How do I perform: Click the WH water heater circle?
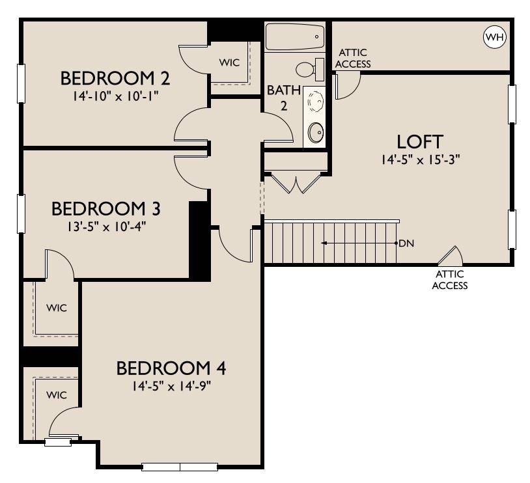tap(495, 37)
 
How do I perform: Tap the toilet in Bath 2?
tap(310, 69)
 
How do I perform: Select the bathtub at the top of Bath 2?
tap(295, 37)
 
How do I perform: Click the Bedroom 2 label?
tap(115, 78)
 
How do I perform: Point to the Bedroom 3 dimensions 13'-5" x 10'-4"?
tap(106, 226)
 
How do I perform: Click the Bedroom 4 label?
tap(171, 368)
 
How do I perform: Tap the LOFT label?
tap(420, 142)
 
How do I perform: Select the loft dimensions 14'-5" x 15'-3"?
tap(421, 159)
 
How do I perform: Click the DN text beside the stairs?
tap(406, 243)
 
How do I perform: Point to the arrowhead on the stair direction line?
tap(324, 243)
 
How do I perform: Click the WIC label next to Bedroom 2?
tap(229, 62)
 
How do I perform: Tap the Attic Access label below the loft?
tap(449, 280)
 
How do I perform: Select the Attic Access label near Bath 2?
tap(353, 58)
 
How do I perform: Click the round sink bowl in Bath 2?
tap(316, 132)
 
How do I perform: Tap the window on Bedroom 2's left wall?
tap(21, 83)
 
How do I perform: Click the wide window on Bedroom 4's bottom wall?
tap(180, 467)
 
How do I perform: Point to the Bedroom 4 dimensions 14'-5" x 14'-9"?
tap(171, 385)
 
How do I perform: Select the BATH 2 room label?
tap(284, 98)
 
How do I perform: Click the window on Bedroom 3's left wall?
tap(21, 214)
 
